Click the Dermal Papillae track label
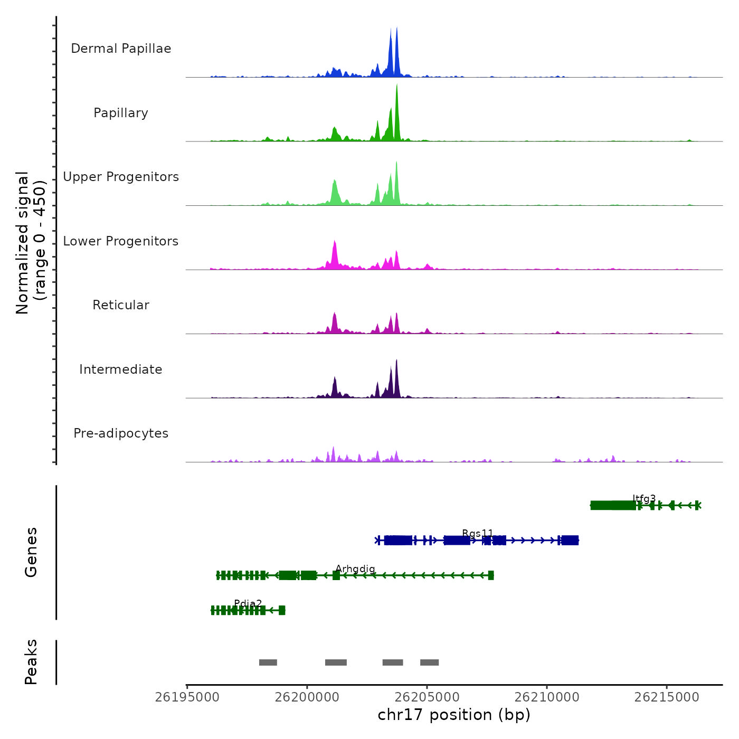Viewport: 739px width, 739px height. click(121, 49)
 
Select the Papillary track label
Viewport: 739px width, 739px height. click(121, 113)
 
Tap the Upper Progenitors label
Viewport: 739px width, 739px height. click(121, 177)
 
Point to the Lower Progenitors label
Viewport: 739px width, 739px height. click(121, 241)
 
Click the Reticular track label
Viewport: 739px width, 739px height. click(121, 305)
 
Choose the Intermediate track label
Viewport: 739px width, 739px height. click(121, 369)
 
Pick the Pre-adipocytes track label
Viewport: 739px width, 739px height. click(121, 433)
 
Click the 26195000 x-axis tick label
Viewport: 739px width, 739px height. click(187, 697)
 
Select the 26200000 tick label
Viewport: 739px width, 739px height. click(307, 697)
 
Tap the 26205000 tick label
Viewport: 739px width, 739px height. click(427, 697)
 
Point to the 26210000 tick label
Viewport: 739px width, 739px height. click(547, 697)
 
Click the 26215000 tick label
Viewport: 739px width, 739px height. click(667, 697)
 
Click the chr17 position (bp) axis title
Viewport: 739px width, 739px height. click(454, 715)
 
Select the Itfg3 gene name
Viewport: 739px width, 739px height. click(644, 498)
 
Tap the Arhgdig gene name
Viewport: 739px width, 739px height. click(355, 569)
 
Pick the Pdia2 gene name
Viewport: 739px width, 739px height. click(248, 603)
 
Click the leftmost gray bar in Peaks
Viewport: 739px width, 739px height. click(268, 662)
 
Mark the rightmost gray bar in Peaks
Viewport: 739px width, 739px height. click(430, 662)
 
